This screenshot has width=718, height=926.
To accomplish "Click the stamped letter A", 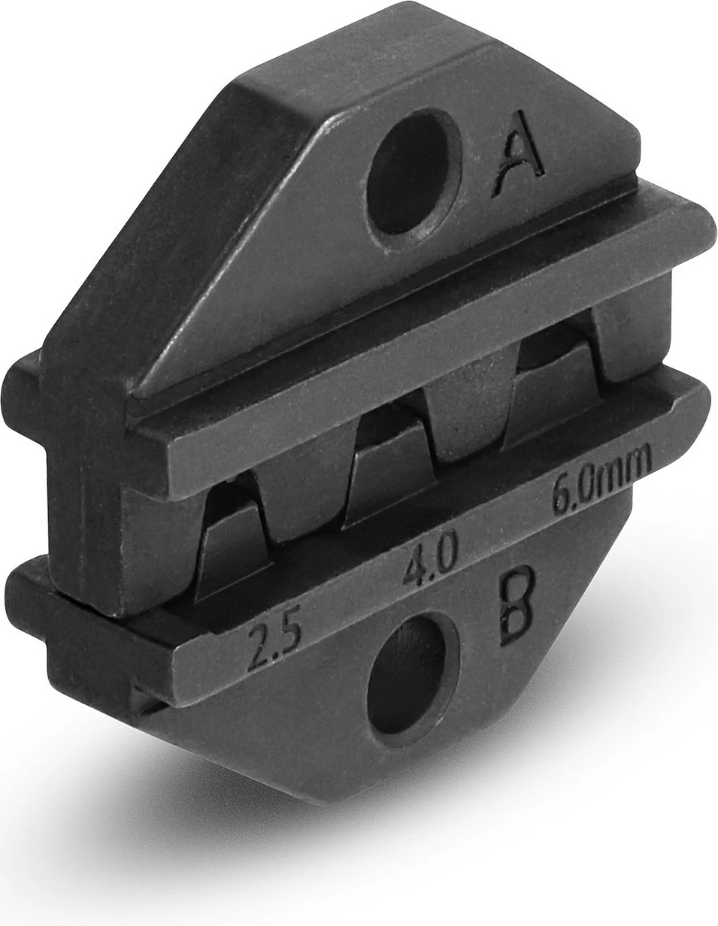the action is pyautogui.click(x=519, y=156).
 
